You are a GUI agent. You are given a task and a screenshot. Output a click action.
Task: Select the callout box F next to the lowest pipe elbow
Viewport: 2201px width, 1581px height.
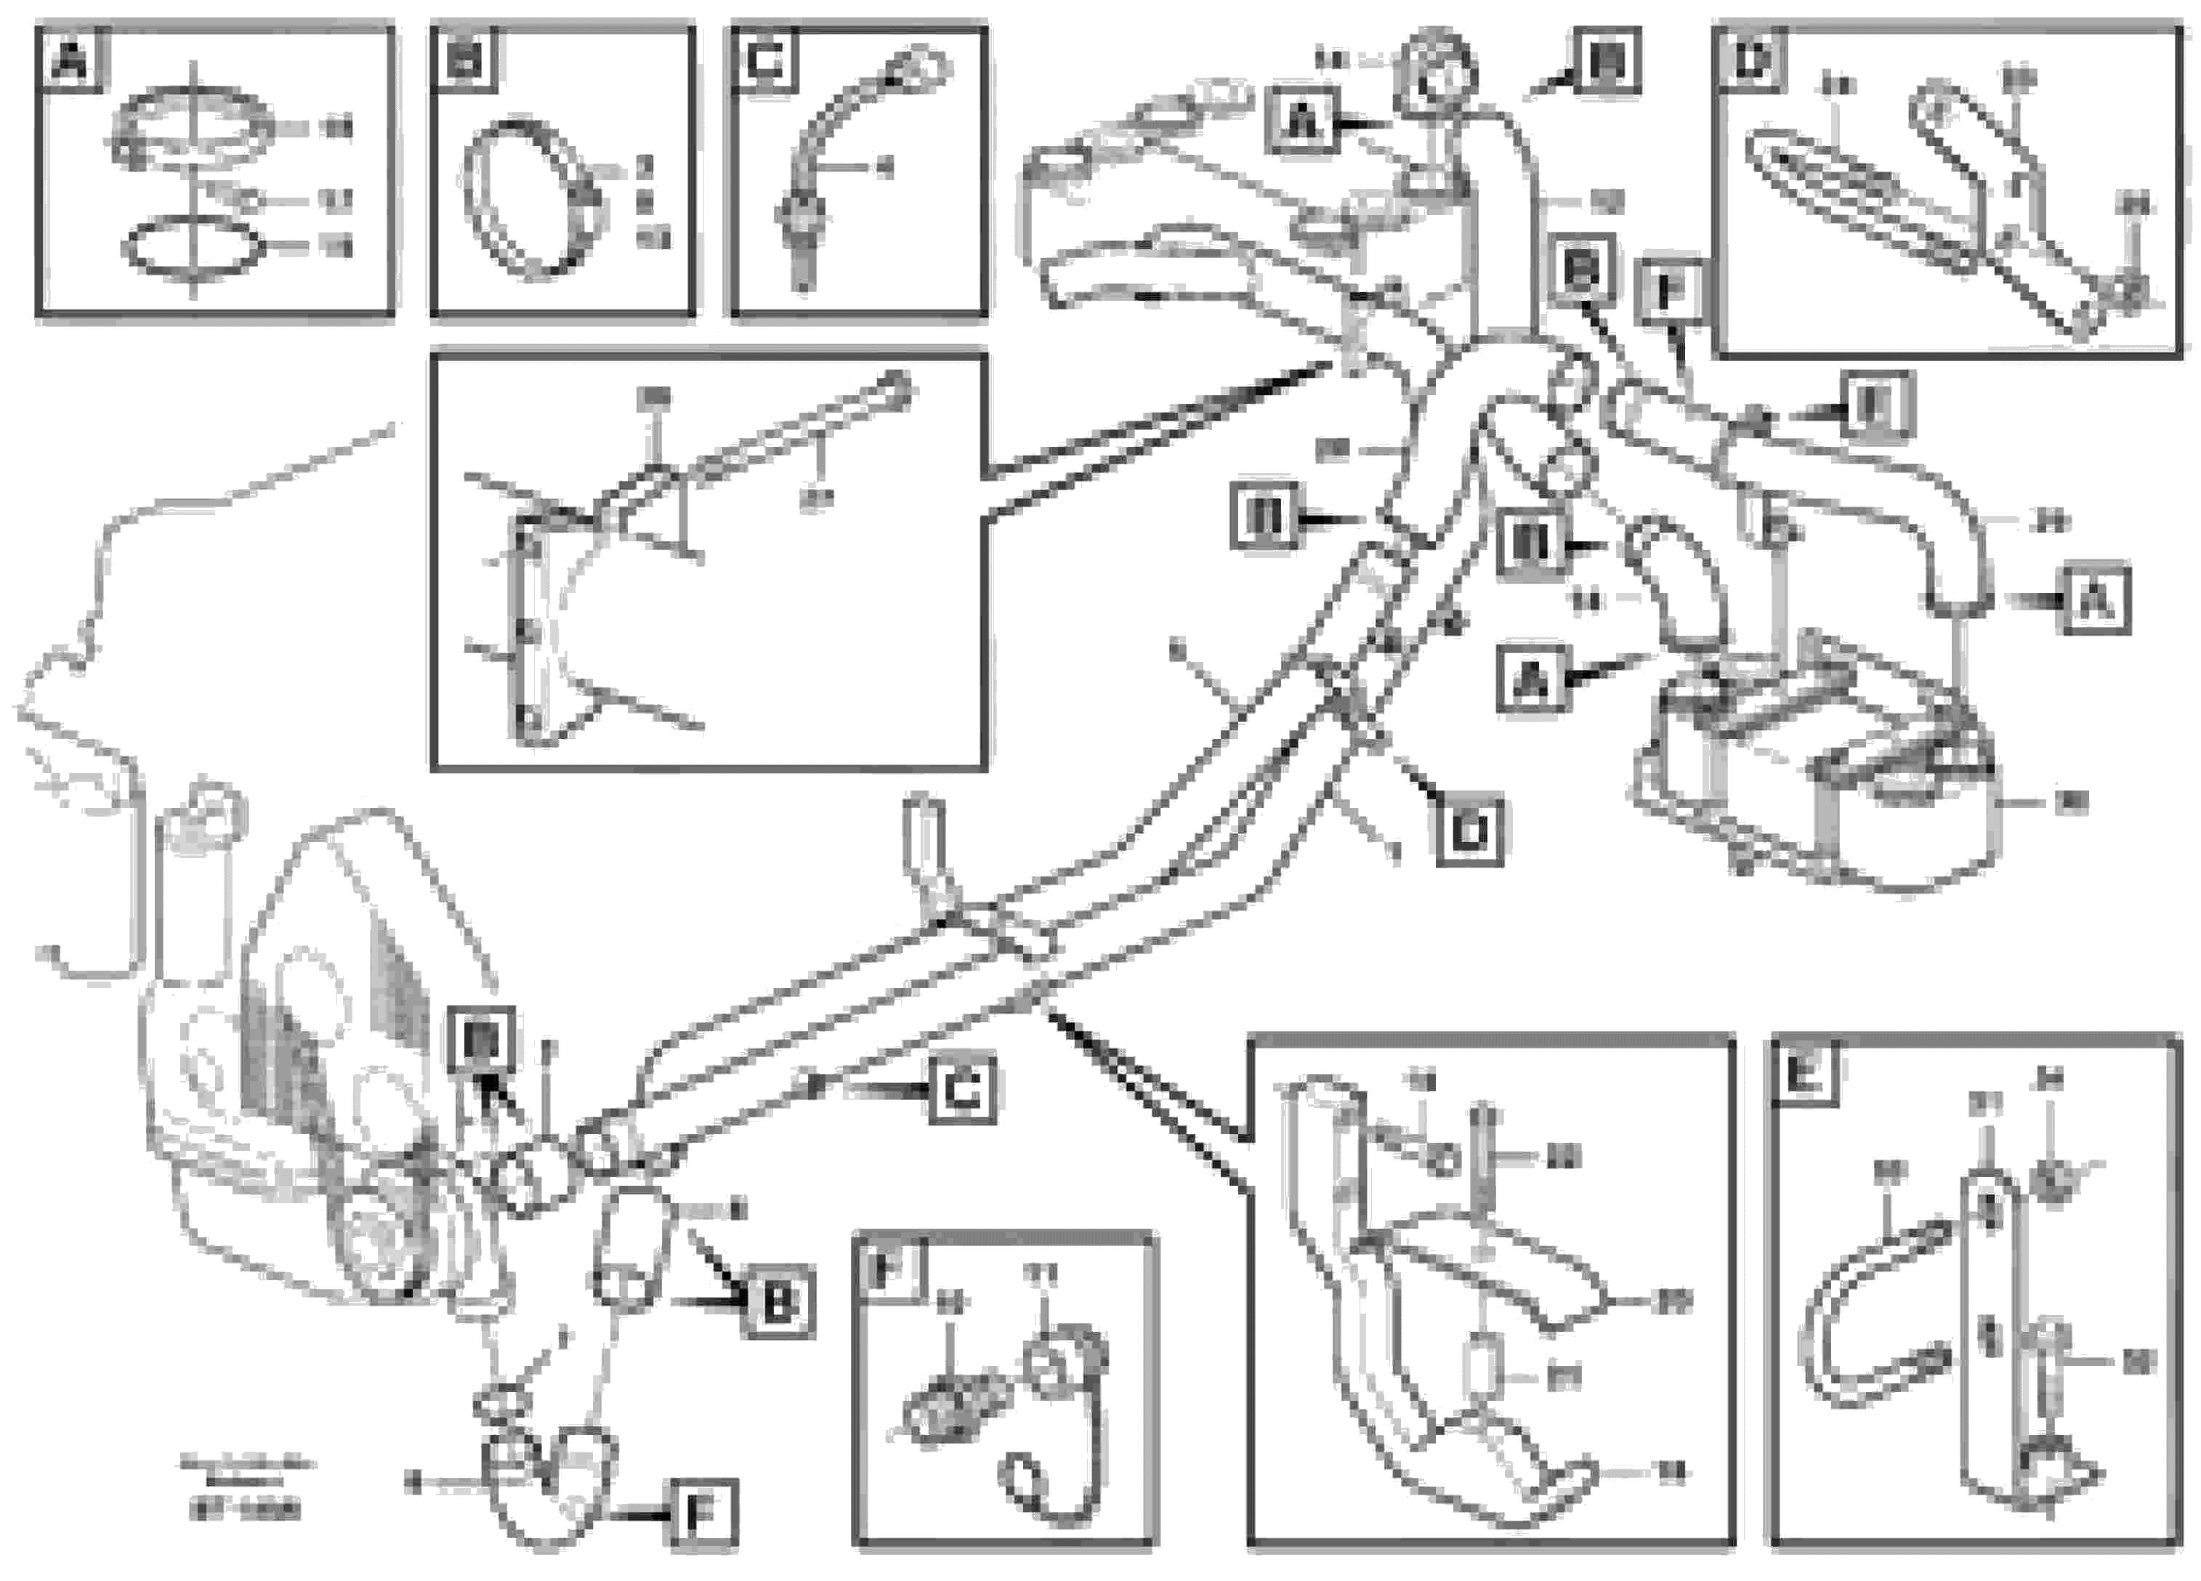tap(702, 1513)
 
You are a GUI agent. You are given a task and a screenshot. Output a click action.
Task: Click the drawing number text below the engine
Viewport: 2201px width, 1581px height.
tap(246, 1511)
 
